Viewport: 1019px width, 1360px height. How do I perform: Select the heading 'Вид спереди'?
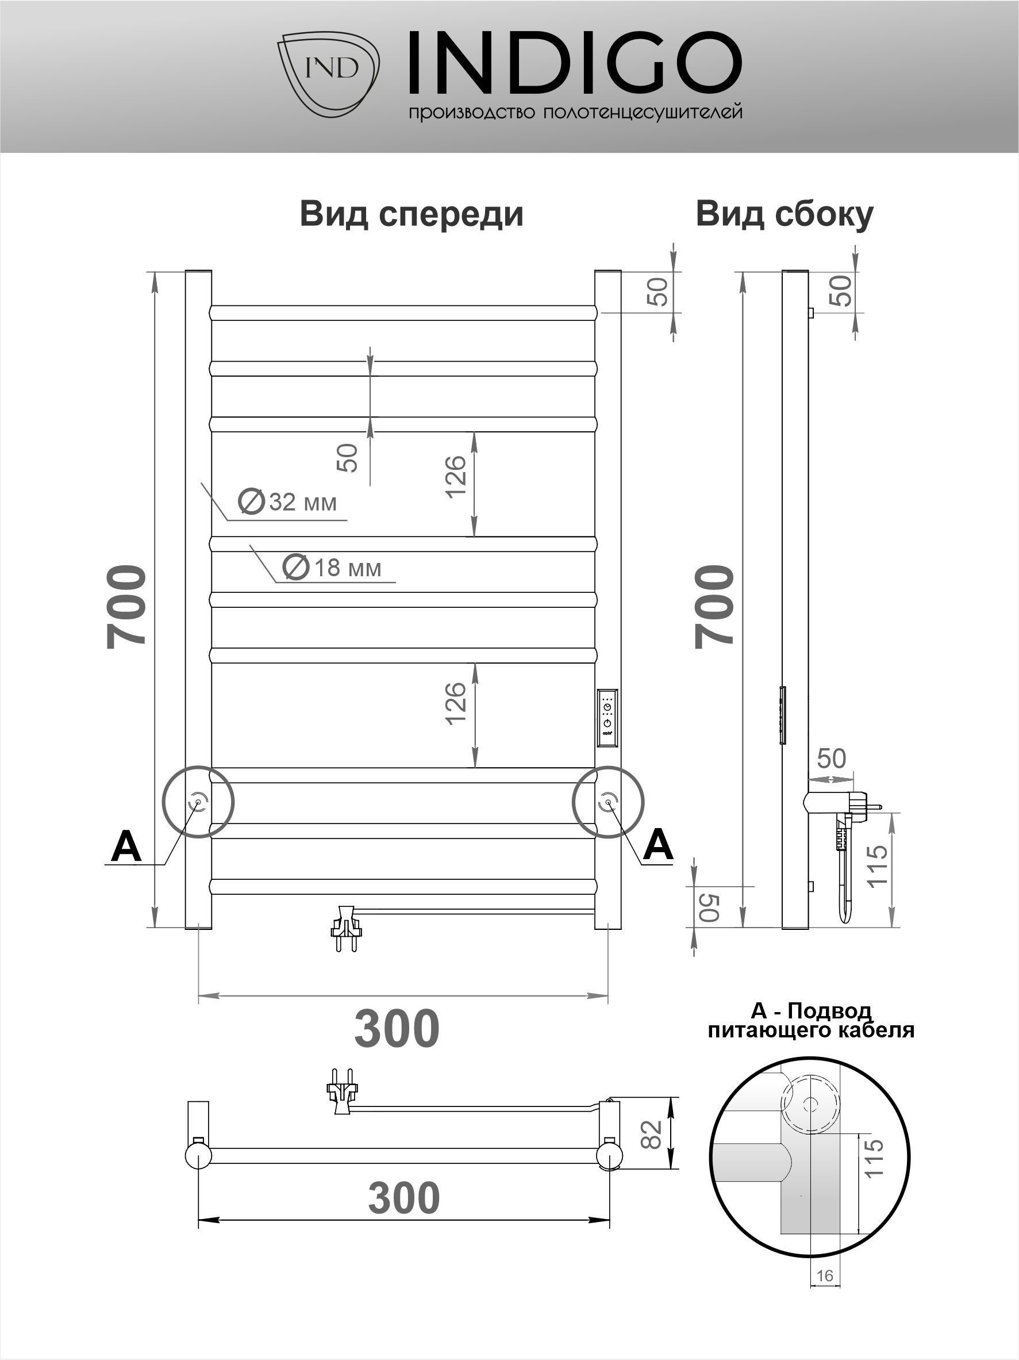411,214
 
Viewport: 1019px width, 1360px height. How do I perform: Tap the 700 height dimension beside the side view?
715,606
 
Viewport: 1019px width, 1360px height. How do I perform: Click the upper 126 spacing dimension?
456,477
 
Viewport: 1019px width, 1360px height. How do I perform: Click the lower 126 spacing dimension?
456,703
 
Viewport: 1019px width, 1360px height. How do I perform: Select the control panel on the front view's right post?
607,718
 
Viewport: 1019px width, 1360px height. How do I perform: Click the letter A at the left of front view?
126,847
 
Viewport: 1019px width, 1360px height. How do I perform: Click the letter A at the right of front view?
657,844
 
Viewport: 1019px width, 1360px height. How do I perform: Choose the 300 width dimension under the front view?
397,1029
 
